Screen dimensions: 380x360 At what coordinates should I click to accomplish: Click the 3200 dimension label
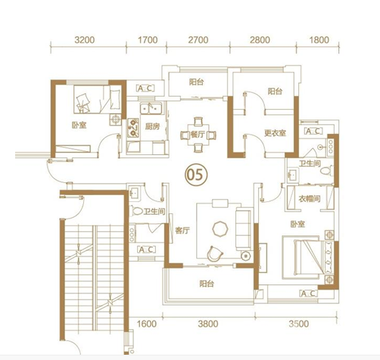pyautogui.click(x=85, y=40)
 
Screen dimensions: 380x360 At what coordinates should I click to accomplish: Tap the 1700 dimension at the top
pyautogui.click(x=148, y=40)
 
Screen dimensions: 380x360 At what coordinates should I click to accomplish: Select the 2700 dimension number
pyautogui.click(x=198, y=40)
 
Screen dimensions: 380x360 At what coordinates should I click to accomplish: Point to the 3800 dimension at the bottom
pyautogui.click(x=208, y=324)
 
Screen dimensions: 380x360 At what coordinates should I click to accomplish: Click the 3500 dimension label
pyautogui.click(x=299, y=324)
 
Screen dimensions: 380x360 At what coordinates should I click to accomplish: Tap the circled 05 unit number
pyautogui.click(x=196, y=175)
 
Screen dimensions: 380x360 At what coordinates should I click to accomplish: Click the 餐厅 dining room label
pyautogui.click(x=198, y=135)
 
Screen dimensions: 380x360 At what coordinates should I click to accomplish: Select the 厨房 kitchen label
pyautogui.click(x=152, y=126)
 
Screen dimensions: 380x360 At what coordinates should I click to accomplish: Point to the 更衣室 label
pyautogui.click(x=275, y=133)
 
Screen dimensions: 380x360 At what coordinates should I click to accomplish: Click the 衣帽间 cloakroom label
pyautogui.click(x=310, y=199)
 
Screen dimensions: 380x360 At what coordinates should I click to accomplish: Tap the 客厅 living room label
pyautogui.click(x=182, y=231)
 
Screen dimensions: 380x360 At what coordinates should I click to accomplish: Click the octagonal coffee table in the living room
pyautogui.click(x=220, y=229)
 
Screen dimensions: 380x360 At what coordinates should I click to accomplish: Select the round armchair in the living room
pyautogui.click(x=215, y=253)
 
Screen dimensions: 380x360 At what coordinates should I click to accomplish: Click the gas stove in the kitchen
pyautogui.click(x=133, y=128)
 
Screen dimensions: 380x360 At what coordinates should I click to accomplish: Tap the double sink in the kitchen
pyautogui.click(x=151, y=109)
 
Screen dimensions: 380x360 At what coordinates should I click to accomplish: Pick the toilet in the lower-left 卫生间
pyautogui.click(x=137, y=211)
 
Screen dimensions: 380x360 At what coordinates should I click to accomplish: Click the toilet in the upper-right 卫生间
pyautogui.click(x=326, y=171)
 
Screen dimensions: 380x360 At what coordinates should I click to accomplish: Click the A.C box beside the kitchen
pyautogui.click(x=145, y=88)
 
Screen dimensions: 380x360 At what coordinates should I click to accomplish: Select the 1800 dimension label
pyautogui.click(x=319, y=40)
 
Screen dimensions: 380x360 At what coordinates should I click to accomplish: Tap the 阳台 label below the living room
pyautogui.click(x=207, y=284)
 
